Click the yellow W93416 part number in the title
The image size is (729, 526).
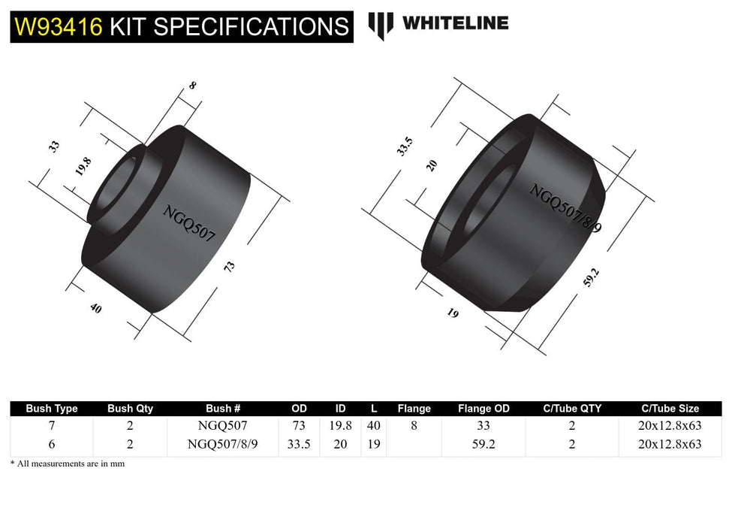(x=58, y=26)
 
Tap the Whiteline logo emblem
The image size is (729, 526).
(x=381, y=26)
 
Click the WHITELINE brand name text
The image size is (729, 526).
(x=455, y=23)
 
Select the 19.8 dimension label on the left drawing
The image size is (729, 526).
(x=83, y=166)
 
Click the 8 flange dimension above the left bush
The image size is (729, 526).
(x=192, y=86)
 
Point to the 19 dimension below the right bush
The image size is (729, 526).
(x=452, y=313)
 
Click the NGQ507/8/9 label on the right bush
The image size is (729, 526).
(x=565, y=208)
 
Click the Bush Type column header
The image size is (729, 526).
(x=52, y=409)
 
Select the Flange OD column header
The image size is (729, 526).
(x=483, y=409)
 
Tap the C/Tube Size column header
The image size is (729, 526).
(x=670, y=409)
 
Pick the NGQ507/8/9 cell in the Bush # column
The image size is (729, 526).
(x=223, y=443)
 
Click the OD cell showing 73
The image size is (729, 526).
(x=299, y=425)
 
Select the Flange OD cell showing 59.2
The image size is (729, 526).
(x=483, y=443)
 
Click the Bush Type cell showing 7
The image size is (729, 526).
(x=52, y=425)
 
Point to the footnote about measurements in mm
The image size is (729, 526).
(x=68, y=464)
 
